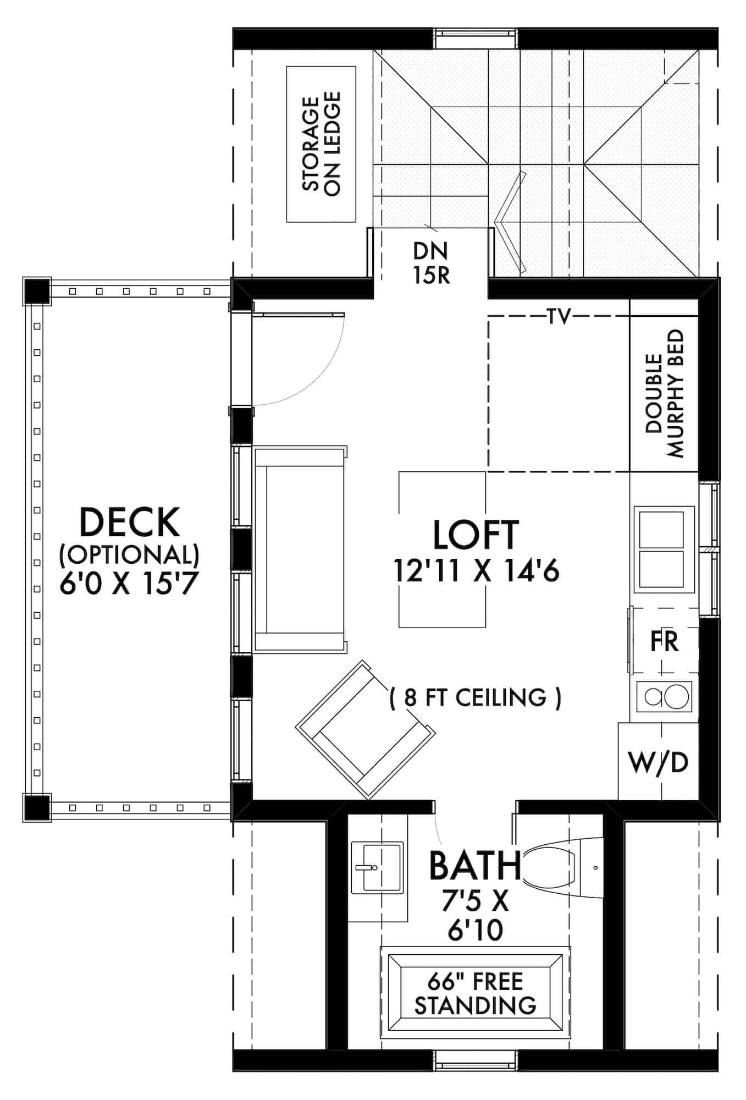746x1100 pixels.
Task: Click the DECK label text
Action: click(x=130, y=522)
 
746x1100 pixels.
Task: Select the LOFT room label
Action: click(x=476, y=535)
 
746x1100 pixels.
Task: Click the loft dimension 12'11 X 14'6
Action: click(x=476, y=571)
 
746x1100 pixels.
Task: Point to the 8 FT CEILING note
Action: click(x=476, y=698)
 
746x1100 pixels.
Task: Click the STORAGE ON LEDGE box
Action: click(x=321, y=144)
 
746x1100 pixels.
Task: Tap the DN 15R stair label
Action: click(x=432, y=263)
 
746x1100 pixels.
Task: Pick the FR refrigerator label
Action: click(x=664, y=641)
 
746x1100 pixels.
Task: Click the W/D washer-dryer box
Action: click(x=659, y=762)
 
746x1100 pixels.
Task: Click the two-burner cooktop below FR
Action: click(x=664, y=697)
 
